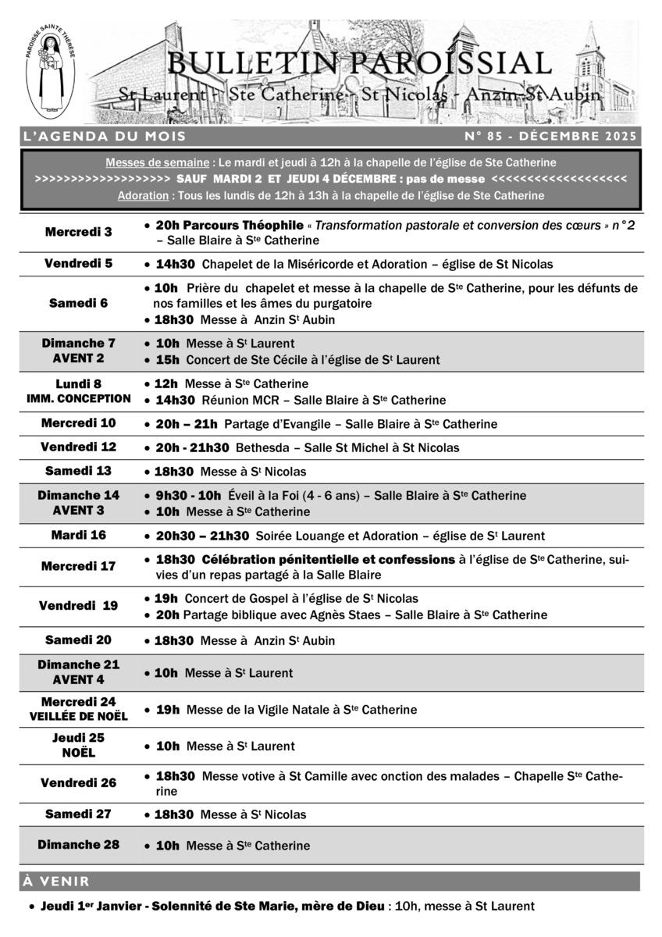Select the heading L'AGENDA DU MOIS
pos(105,137)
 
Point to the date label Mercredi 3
pos(78,232)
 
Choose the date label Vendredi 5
pos(78,264)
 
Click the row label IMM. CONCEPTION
pos(78,399)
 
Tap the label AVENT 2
pos(78,358)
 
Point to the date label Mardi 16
pos(78,536)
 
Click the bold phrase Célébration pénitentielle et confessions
pos(329,560)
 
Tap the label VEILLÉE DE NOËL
pos(78,716)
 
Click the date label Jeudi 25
pos(78,738)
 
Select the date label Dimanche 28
pos(78,845)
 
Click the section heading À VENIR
pos(56,882)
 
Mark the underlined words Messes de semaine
pos(157,162)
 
